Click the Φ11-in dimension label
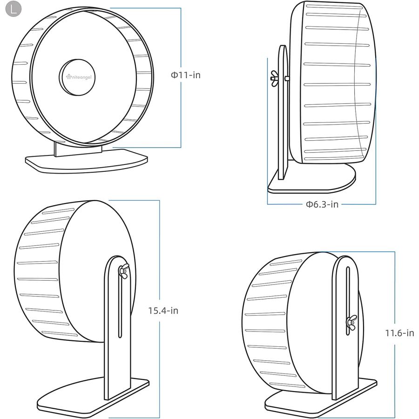coord(186,75)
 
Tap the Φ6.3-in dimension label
coord(322,204)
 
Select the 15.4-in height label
coord(163,311)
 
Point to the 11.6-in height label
coord(399,333)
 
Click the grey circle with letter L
coord(13,9)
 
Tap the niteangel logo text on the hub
coord(79,77)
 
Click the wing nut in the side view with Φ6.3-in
coord(274,79)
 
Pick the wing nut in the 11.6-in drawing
coord(351,323)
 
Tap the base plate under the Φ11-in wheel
coord(86,161)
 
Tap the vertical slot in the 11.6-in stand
coord(348,301)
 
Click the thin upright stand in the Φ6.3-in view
coord(283,112)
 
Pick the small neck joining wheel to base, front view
coord(78,149)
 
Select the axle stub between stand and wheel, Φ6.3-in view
coord(287,78)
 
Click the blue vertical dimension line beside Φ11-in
coord(181,77)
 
